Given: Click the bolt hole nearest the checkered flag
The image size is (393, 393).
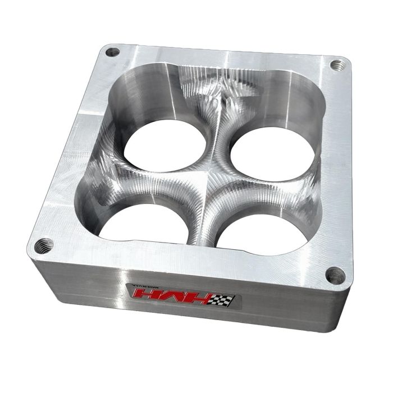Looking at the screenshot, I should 335,275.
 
